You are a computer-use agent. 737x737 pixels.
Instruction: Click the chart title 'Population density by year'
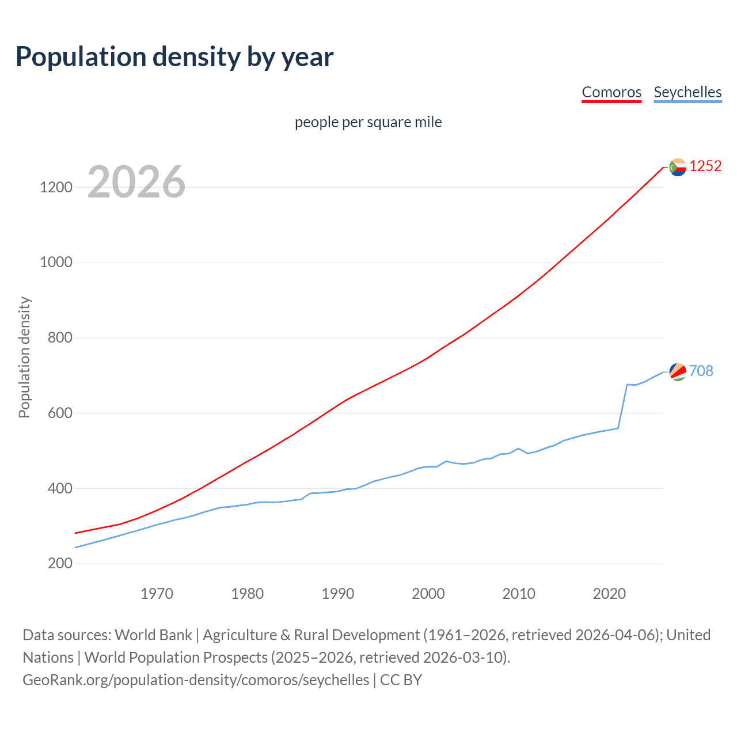[x=174, y=57]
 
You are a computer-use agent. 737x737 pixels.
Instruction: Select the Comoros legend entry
[x=611, y=92]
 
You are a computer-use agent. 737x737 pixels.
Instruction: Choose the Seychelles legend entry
[x=687, y=92]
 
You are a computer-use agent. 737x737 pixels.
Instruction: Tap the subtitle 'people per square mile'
[x=368, y=123]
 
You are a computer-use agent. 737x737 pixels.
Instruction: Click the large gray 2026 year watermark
[x=136, y=182]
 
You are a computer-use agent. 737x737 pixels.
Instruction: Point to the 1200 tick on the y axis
[x=56, y=188]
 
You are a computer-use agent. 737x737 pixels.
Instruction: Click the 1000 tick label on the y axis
[x=56, y=263]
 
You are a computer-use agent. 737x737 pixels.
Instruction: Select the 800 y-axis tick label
[x=60, y=338]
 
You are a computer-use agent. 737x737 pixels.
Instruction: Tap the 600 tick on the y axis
[x=60, y=413]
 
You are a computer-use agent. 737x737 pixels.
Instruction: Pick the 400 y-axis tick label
[x=60, y=489]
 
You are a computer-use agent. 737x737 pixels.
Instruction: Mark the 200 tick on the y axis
[x=60, y=564]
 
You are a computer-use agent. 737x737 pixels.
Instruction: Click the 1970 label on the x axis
[x=157, y=594]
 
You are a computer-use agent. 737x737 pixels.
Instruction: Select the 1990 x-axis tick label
[x=338, y=594]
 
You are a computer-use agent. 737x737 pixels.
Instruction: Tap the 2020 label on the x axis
[x=609, y=594]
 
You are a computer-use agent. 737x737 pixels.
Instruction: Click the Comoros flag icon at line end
[x=678, y=167]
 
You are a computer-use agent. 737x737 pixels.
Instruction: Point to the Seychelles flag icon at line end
[x=678, y=372]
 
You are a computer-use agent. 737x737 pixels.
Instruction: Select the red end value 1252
[x=705, y=166]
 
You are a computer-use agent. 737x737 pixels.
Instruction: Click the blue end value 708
[x=701, y=371]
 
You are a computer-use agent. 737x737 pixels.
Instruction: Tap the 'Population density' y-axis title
[x=24, y=357]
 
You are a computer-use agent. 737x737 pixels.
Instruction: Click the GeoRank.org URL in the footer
[x=196, y=680]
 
